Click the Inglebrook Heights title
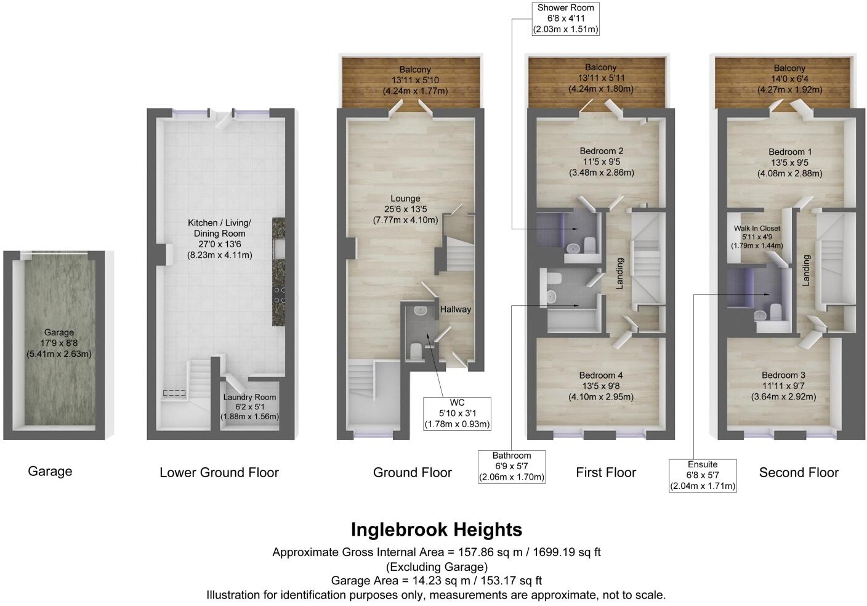tap(436, 530)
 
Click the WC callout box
tap(457, 413)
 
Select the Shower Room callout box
tap(565, 18)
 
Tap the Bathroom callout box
tap(511, 466)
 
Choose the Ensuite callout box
tap(703, 475)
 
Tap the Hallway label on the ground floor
tap(455, 309)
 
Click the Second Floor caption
tap(799, 473)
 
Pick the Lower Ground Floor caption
tap(219, 473)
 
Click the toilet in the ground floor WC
tap(415, 351)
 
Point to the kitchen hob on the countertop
tap(278, 296)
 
